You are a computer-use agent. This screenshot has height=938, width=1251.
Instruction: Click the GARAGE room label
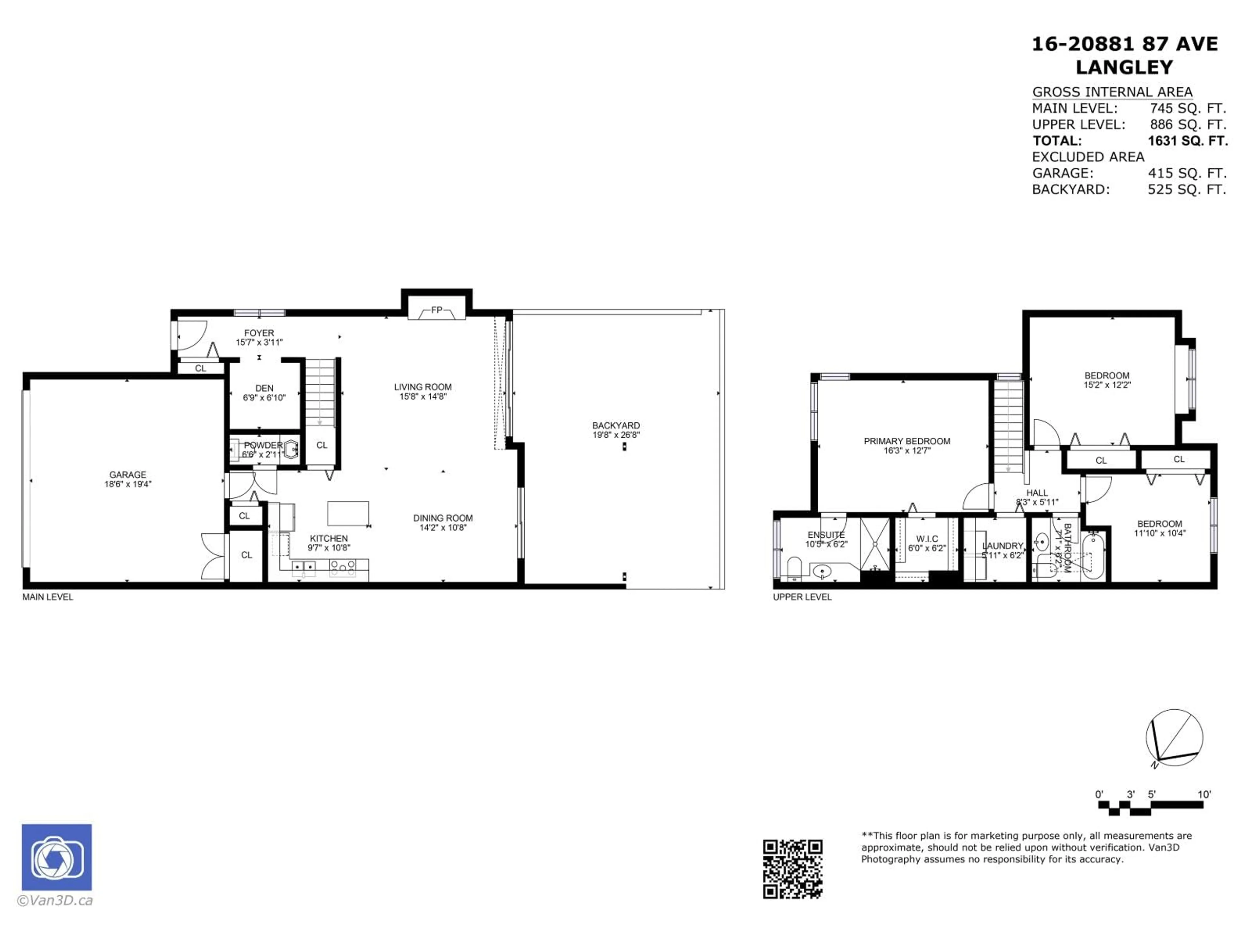tap(128, 474)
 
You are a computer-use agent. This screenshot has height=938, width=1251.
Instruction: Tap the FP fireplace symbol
tap(437, 310)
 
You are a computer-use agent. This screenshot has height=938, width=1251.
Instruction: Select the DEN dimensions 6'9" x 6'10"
tap(264, 397)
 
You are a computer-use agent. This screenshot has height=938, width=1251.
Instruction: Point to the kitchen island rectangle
tap(348, 513)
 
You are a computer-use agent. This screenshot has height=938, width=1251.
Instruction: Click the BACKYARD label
tap(616, 425)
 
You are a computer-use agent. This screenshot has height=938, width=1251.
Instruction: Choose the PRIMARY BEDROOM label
tap(907, 441)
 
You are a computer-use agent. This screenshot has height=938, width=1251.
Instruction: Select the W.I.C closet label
tap(927, 539)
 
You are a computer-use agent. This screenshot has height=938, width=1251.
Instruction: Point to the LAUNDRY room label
tap(1003, 546)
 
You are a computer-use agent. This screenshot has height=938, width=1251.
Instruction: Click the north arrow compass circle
tap(1174, 737)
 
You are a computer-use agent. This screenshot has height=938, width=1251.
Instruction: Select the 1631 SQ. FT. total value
tap(1187, 141)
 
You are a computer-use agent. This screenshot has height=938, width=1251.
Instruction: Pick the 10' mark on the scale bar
tap(1204, 794)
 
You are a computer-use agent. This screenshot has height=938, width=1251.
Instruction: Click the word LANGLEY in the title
tap(1124, 67)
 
